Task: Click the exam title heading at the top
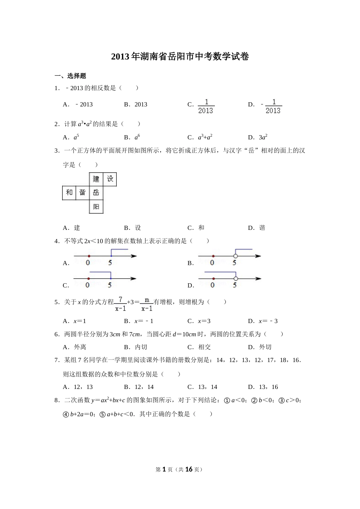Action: [180, 57]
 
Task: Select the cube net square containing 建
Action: [96, 179]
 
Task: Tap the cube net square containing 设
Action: [110, 179]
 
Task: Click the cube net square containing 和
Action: [69, 193]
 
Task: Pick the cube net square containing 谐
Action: [82, 193]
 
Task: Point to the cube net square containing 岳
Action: [96, 193]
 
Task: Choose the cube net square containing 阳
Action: [96, 207]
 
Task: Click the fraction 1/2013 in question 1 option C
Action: [206, 106]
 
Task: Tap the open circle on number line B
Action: [235, 256]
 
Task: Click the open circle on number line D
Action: [235, 279]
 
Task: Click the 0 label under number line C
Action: [88, 285]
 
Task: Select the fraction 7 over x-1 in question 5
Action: [121, 304]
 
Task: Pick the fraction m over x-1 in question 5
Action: [147, 304]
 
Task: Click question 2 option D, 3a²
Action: [263, 137]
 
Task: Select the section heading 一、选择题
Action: [70, 76]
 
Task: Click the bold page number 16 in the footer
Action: [188, 469]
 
